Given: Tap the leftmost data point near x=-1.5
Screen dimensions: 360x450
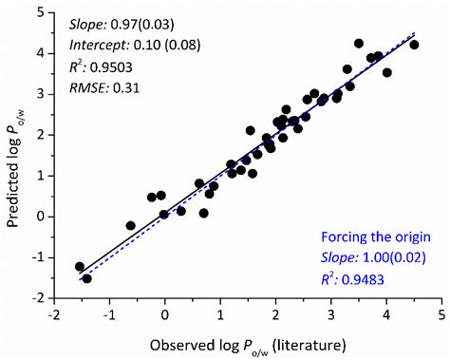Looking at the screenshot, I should [x=80, y=267].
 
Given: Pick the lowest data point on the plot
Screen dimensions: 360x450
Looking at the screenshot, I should [x=86, y=278].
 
